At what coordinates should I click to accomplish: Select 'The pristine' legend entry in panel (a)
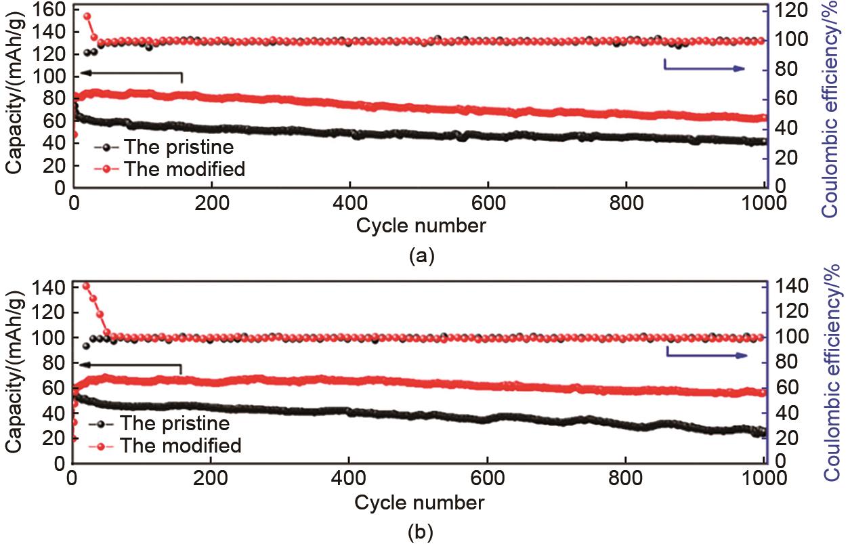click(x=179, y=147)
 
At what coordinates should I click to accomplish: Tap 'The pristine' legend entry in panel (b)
click(x=175, y=423)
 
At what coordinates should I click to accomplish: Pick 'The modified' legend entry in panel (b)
click(x=180, y=445)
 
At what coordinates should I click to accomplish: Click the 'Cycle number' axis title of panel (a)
click(x=421, y=225)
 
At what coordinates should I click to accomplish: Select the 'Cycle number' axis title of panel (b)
click(x=419, y=502)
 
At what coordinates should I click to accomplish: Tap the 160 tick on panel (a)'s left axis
click(x=52, y=9)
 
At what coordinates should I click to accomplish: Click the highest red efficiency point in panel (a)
click(x=87, y=16)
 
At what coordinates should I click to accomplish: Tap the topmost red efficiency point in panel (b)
click(x=86, y=286)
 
